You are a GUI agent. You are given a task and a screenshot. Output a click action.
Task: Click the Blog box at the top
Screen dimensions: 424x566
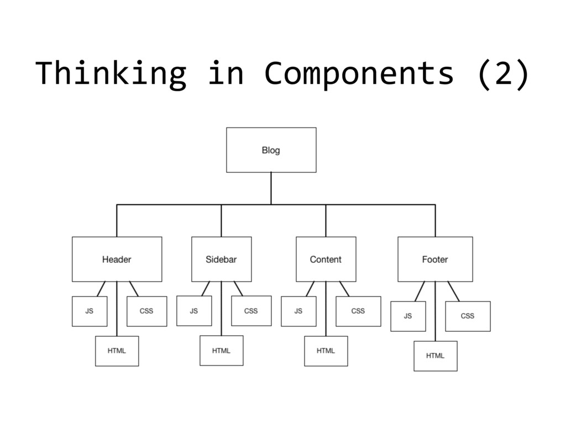(x=271, y=150)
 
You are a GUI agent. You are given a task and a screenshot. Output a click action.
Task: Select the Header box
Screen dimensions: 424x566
(x=117, y=259)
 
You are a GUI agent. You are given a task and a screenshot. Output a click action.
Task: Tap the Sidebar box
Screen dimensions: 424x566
(x=221, y=259)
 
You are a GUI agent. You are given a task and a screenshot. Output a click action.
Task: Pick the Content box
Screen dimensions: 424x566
(x=326, y=259)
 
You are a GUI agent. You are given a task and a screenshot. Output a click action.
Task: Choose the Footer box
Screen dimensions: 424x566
(x=435, y=259)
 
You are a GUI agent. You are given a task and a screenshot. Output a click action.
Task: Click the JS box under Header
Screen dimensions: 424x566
(x=90, y=311)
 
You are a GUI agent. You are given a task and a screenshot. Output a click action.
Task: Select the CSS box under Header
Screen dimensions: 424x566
(x=146, y=311)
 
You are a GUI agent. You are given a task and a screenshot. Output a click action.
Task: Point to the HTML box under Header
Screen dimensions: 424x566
(x=117, y=351)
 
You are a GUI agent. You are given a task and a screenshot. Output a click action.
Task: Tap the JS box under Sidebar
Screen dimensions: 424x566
(x=194, y=311)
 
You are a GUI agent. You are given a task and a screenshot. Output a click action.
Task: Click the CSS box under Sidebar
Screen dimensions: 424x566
(x=251, y=311)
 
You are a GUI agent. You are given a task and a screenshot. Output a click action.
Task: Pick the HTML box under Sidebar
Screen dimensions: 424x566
(x=221, y=351)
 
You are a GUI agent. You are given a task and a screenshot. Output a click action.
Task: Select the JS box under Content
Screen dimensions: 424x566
(x=298, y=311)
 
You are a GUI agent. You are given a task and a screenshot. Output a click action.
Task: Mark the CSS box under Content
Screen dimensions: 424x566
(x=358, y=311)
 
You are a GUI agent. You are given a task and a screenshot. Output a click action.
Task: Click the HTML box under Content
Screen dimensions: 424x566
(x=326, y=351)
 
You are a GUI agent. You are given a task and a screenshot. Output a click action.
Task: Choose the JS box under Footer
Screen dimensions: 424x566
(x=408, y=316)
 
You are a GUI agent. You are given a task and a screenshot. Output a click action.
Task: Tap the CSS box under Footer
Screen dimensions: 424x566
(x=468, y=316)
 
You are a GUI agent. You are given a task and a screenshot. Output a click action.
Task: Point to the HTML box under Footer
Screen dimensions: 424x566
(x=435, y=356)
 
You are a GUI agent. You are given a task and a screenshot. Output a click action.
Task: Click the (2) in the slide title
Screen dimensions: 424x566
(x=502, y=75)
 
